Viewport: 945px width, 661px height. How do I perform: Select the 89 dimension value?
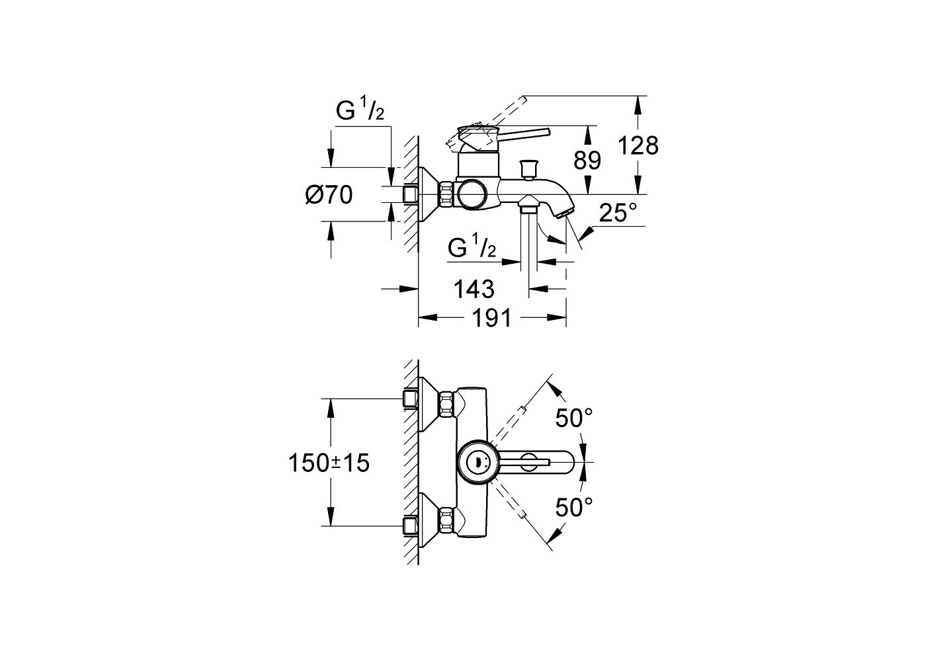point(587,160)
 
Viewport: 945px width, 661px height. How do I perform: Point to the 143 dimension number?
point(473,288)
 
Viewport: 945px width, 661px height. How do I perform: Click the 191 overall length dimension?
point(491,319)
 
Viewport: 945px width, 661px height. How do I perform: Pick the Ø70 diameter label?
point(329,194)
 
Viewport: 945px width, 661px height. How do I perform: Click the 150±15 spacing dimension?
point(328,463)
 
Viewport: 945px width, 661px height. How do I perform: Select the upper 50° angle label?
point(573,417)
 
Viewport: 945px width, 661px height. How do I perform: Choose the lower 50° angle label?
point(573,508)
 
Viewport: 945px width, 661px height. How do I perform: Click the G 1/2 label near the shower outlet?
point(472,248)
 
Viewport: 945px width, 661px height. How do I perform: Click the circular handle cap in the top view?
point(474,462)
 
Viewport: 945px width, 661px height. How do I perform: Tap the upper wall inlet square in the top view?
point(410,399)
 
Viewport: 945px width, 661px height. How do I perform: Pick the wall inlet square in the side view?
point(410,194)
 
